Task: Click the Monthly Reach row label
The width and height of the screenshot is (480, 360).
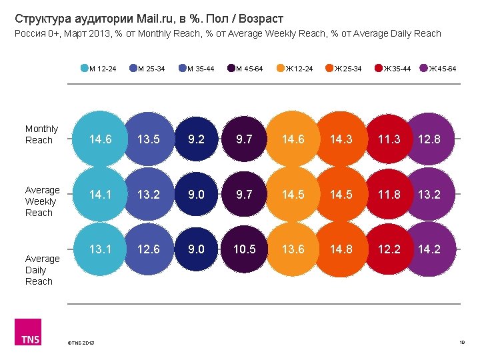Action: click(41, 134)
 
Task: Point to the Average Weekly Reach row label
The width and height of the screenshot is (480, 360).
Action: click(42, 201)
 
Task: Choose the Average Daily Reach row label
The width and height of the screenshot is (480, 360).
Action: click(42, 270)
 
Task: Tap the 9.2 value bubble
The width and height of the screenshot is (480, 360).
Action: click(197, 139)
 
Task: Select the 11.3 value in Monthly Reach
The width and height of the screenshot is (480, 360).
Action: click(389, 139)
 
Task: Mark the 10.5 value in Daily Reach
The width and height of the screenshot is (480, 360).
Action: click(244, 250)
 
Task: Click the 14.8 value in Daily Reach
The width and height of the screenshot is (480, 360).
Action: click(341, 250)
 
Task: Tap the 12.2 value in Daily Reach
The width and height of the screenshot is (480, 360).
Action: click(389, 250)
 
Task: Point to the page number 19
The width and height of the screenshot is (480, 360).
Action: click(461, 343)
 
